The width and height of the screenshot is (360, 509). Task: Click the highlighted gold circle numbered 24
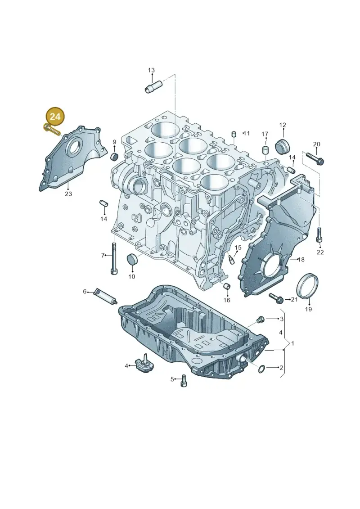click(55, 116)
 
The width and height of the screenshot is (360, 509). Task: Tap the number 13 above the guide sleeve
click(151, 70)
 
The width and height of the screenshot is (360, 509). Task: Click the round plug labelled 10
click(132, 259)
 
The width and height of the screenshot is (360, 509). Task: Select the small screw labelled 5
click(184, 380)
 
